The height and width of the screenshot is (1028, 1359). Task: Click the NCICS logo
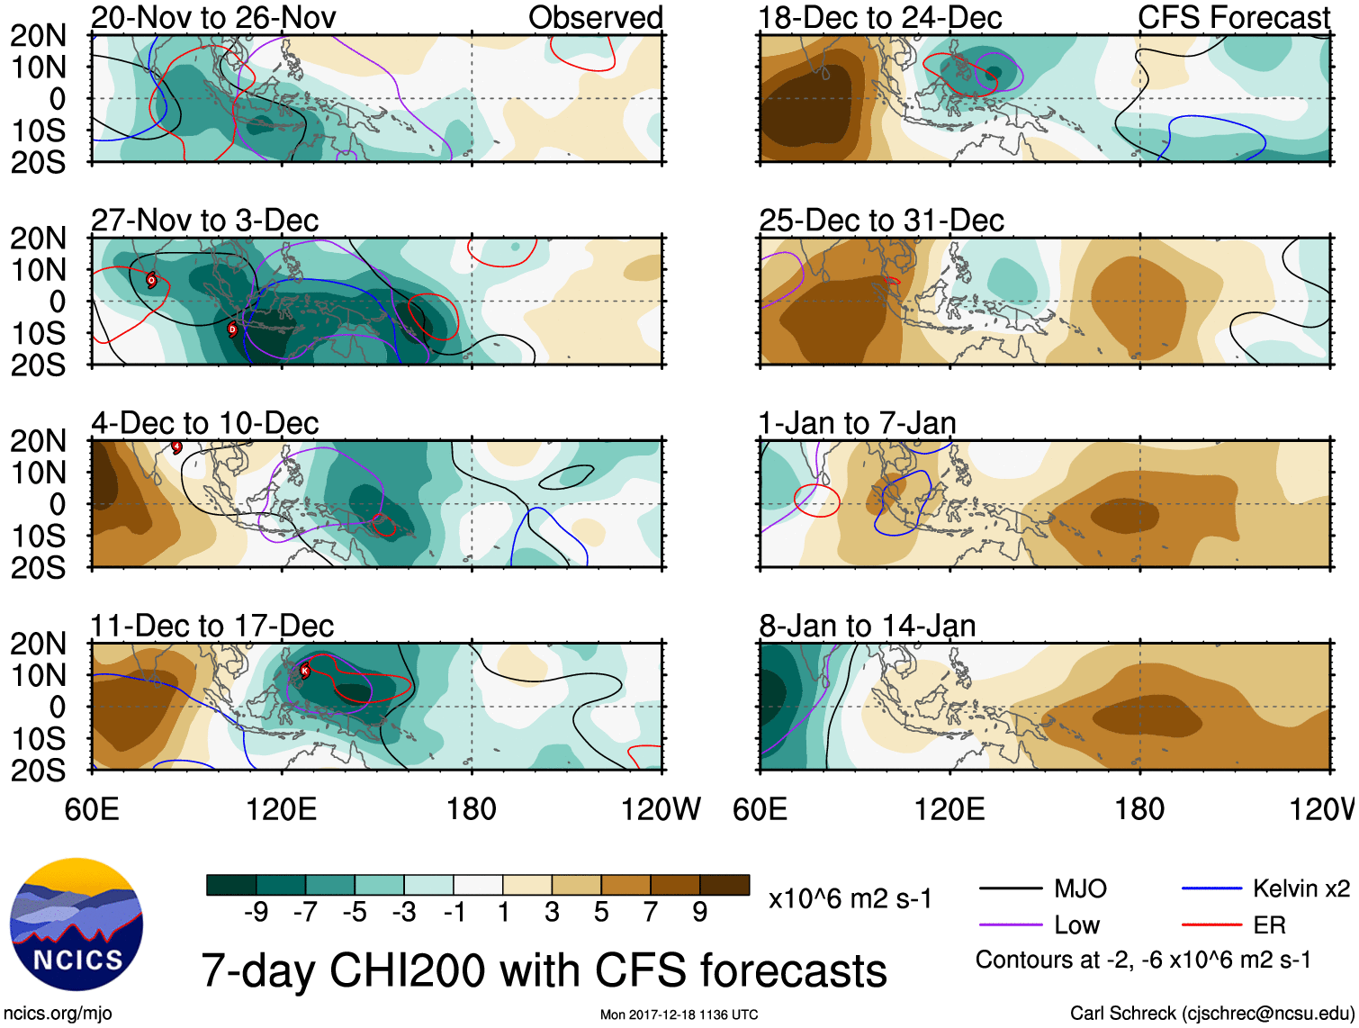coord(76,924)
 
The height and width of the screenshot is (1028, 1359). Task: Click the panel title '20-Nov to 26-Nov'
coord(213,17)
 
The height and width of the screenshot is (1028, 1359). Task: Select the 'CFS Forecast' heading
coord(1233,17)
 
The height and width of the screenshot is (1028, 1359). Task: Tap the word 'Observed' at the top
coord(595,17)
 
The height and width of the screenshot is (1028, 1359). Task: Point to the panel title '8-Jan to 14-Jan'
coord(867,626)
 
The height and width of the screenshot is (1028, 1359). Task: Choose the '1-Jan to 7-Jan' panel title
coord(857,423)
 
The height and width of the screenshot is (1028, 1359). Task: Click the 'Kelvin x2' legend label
coord(1300,889)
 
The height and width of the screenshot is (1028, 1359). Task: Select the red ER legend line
coord(1211,924)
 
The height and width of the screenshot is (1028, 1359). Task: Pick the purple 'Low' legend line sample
coord(1011,924)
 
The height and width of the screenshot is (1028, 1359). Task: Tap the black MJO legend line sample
coord(1011,889)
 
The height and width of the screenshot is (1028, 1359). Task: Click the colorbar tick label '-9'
coord(256,913)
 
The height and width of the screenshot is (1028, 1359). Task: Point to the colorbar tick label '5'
coord(601,913)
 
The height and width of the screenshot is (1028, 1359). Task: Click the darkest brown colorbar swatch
coord(724,885)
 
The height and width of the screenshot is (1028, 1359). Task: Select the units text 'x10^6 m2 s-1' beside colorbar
coord(850,899)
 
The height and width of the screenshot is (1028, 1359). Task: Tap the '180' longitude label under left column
coord(472,809)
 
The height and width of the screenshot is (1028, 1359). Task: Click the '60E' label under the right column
coord(760,809)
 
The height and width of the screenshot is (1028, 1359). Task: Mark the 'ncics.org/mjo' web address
coord(58,1014)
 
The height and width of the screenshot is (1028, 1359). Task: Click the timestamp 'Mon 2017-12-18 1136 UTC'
coord(679,1014)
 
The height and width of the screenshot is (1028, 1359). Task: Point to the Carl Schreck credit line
coord(1211,1014)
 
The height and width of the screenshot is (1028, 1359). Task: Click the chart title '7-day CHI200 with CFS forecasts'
coord(544,971)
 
